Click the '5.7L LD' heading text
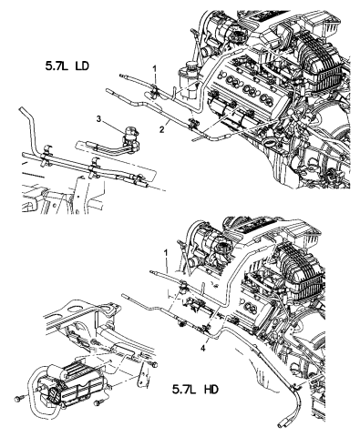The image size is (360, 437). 67,66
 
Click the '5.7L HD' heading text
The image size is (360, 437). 195,390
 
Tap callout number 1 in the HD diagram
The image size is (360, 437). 166,252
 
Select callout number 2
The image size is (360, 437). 162,130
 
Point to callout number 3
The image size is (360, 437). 98,119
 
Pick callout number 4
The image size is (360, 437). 202,349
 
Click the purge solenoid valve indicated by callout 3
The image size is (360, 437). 129,139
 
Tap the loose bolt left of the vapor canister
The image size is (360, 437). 20,399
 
